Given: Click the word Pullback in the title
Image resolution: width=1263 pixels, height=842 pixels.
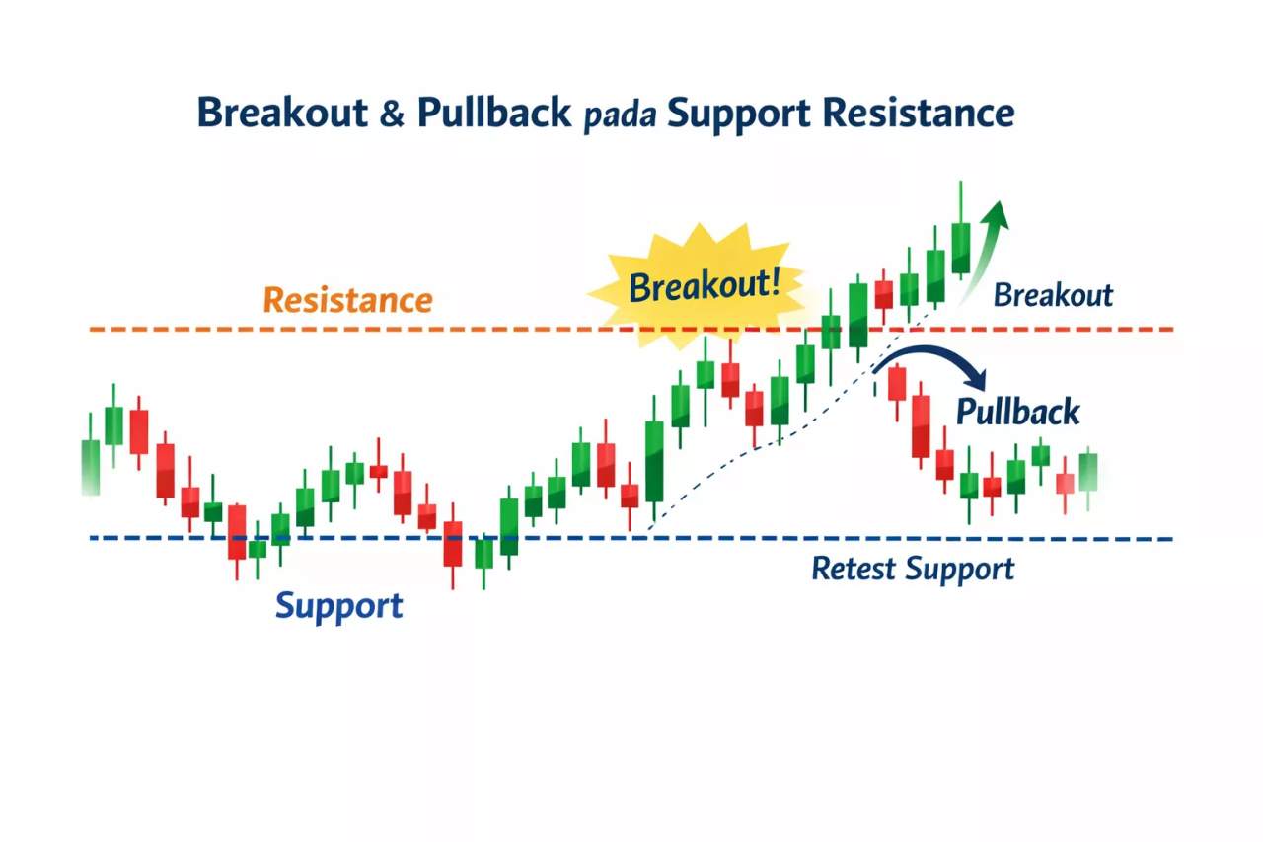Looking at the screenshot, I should pyautogui.click(x=493, y=113).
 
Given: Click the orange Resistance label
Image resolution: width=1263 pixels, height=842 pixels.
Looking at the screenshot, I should pyautogui.click(x=348, y=300).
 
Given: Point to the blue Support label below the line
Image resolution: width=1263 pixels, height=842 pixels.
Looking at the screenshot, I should pyautogui.click(x=338, y=604).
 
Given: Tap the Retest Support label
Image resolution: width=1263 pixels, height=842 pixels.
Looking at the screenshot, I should pyautogui.click(x=912, y=569).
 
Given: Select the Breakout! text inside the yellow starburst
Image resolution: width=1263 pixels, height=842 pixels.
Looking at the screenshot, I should pyautogui.click(x=704, y=286).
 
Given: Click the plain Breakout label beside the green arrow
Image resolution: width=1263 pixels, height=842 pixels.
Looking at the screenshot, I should pyautogui.click(x=1052, y=295).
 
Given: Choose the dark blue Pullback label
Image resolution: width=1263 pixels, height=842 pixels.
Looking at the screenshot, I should pyautogui.click(x=1017, y=411).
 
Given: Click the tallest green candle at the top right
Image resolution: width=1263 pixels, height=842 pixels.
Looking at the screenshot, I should pyautogui.click(x=960, y=247).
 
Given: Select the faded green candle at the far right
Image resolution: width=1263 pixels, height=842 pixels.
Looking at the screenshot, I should pyautogui.click(x=1088, y=472).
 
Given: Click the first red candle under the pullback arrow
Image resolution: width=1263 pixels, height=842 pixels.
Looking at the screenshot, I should pyautogui.click(x=896, y=383).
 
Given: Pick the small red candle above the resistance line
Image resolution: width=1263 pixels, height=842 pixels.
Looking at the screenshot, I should pyautogui.click(x=883, y=294).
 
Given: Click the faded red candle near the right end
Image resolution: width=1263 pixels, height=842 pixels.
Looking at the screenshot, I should pyautogui.click(x=1065, y=483).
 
